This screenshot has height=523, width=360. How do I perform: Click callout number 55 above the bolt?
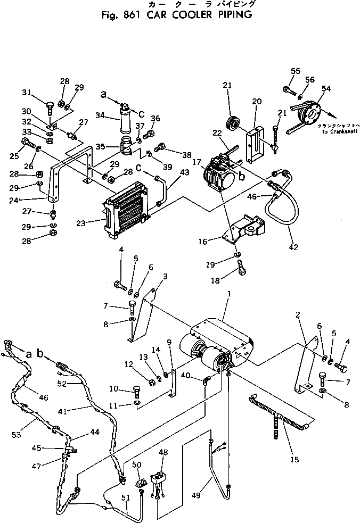tap(296, 71)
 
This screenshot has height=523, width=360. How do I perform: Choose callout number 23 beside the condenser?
tap(96, 223)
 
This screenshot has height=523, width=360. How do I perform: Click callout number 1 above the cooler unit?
tap(229, 294)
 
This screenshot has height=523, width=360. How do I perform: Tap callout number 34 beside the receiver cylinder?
tap(99, 116)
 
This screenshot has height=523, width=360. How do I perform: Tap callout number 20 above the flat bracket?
tap(257, 102)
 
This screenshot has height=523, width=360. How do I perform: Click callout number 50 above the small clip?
tap(136, 465)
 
